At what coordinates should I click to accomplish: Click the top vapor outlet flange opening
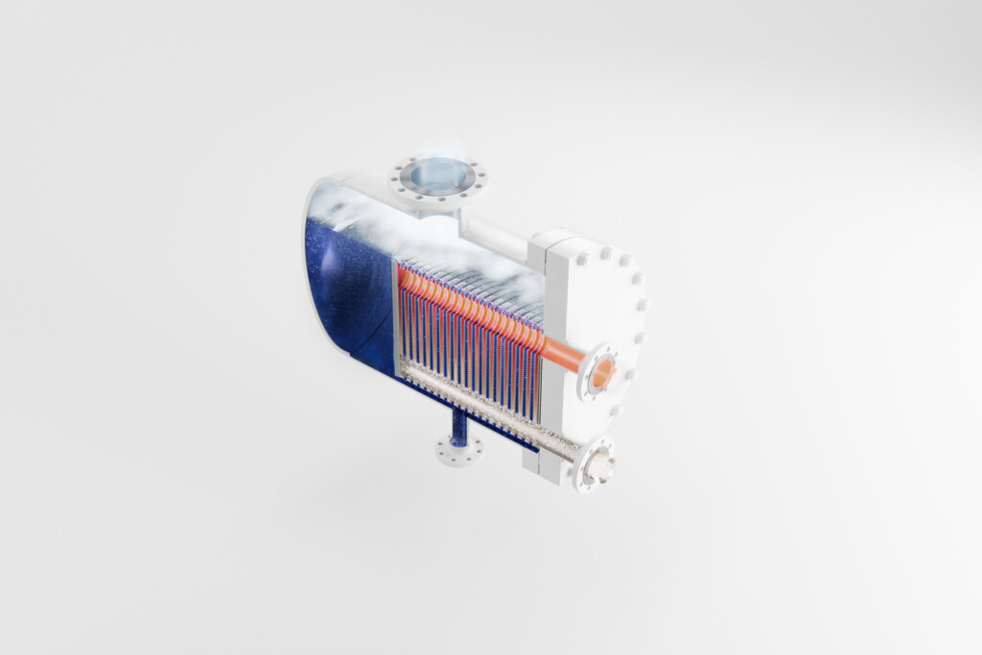coord(437,176)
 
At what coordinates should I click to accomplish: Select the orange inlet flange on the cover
coord(601,373)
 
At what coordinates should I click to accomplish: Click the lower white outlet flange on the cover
coord(596,464)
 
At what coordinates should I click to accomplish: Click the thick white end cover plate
coord(575,316)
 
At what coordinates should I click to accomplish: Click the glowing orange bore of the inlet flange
coord(603,373)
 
